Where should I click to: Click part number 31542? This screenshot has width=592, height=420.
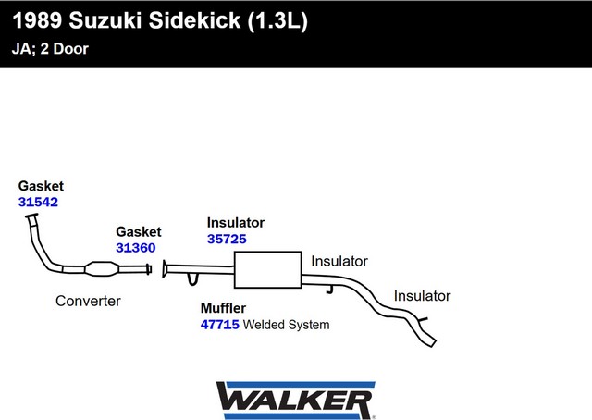pos(38,202)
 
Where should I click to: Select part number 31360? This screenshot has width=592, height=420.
pos(136,248)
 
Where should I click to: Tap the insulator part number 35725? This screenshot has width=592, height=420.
pos(227,239)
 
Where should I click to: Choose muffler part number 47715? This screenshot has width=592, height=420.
pos(220,325)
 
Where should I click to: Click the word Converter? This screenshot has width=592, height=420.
pos(88,301)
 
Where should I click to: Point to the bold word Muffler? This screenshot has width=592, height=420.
pos(223,308)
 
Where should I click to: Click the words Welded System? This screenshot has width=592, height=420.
pos(286,325)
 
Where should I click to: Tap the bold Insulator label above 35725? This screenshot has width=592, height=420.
pos(236,223)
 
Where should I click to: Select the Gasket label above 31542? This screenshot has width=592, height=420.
pos(41,186)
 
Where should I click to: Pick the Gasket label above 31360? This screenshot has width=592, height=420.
pos(139,231)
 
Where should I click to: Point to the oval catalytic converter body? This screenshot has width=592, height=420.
pos(102,269)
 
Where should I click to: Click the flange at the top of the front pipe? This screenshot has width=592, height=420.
pos(31,216)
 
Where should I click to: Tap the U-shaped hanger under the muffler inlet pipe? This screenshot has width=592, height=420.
pos(192,279)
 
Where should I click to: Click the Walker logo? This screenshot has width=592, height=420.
pos(296,401)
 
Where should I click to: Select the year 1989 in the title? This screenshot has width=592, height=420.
pos(37,20)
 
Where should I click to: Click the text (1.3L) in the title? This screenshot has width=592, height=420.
pos(277,20)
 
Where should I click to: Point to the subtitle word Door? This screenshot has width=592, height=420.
pos(70,49)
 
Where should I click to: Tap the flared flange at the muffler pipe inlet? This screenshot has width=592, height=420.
pos(165,269)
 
